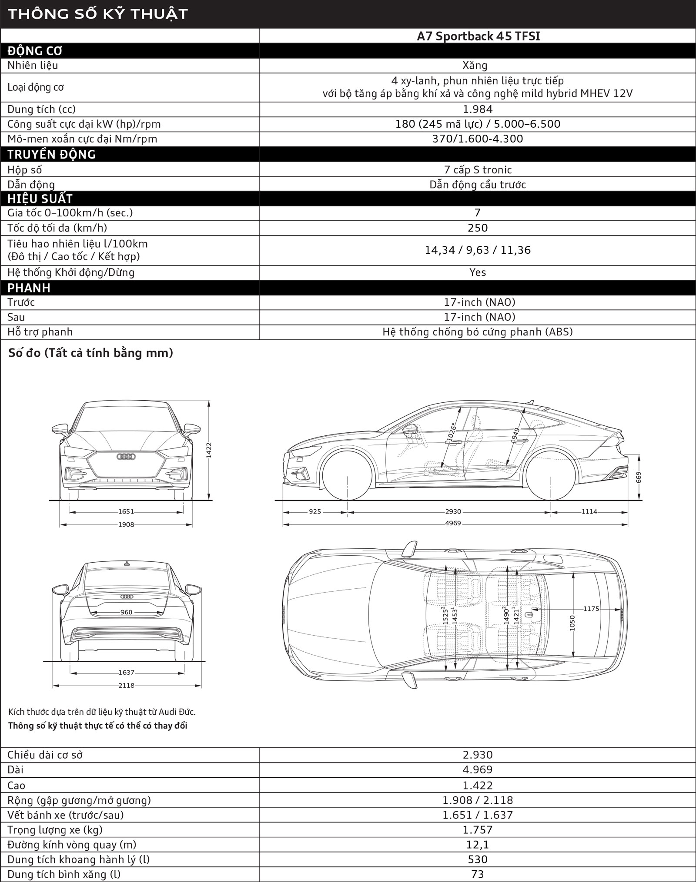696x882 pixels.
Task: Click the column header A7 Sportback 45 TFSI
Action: pos(478,36)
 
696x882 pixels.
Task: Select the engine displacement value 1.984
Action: pos(478,109)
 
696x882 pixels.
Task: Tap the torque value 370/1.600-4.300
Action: pos(478,139)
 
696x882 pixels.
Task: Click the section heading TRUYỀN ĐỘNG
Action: pos(51,154)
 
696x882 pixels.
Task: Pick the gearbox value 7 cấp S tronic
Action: pos(478,169)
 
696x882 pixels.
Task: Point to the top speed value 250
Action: pos(478,228)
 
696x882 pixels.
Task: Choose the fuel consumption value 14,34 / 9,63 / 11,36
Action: pos(478,250)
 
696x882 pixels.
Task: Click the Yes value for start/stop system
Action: pos(478,272)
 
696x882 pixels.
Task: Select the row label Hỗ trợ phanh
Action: pos(40,332)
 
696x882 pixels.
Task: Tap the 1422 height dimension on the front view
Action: pos(209,450)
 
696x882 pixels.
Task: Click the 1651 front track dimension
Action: pos(126,512)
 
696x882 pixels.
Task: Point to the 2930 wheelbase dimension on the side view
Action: pos(453,512)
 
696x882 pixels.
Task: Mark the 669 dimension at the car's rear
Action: pos(639,477)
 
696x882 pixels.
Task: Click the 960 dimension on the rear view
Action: pos(126,612)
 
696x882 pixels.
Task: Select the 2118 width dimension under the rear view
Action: pos(126,686)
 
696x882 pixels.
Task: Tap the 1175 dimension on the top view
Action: pos(591,609)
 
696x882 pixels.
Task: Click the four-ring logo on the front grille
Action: pos(126,457)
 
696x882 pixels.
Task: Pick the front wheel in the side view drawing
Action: pos(347,474)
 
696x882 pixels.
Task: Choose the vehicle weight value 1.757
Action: pos(478,829)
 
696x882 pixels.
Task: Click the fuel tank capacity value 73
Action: pos(478,874)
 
